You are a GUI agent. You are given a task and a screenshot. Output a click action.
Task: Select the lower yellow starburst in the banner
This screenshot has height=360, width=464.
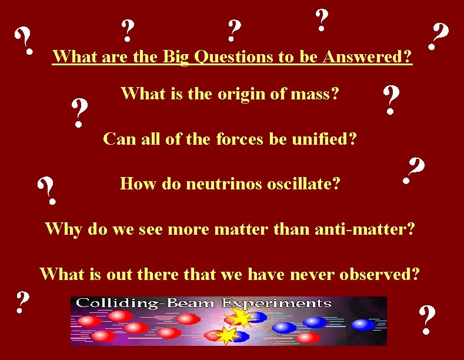[226, 335]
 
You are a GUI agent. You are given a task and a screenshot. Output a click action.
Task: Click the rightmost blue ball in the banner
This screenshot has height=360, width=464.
[363, 325]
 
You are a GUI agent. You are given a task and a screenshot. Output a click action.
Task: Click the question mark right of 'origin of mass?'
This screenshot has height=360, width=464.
[390, 100]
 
